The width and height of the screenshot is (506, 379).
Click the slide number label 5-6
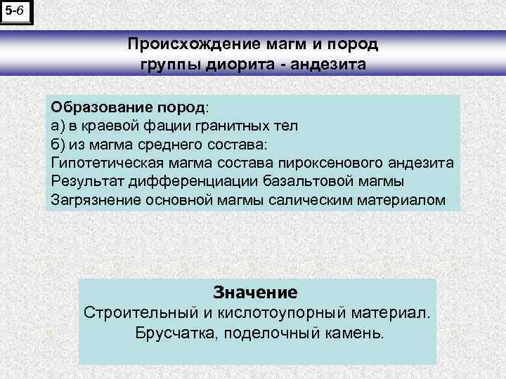(15, 11)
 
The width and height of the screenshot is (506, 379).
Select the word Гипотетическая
(108, 164)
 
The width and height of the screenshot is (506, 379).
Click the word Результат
(84, 182)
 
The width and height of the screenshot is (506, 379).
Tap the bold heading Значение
(255, 291)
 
